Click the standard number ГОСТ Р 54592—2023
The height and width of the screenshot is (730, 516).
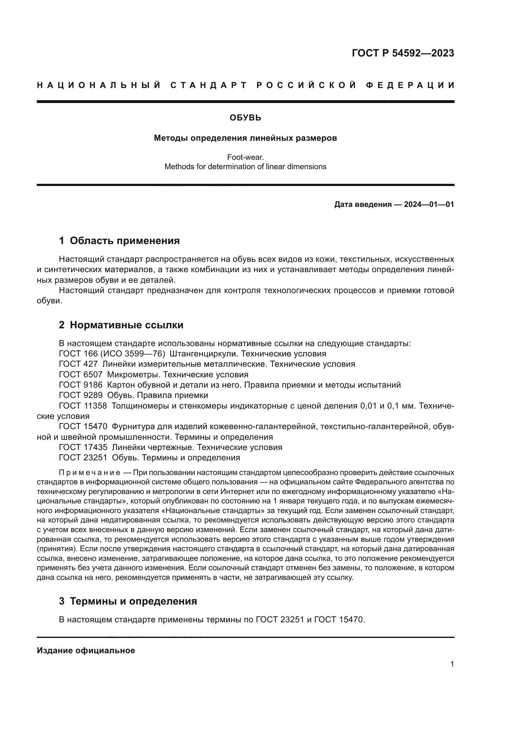[403, 53]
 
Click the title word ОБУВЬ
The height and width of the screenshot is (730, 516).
[245, 118]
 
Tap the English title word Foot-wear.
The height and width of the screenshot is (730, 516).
[245, 157]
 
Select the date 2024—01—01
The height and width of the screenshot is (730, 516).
[429, 204]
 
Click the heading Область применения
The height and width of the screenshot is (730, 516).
[124, 241]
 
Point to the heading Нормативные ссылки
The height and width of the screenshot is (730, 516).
[126, 325]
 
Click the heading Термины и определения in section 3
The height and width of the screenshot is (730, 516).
[133, 601]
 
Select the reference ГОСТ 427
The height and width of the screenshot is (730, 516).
[78, 364]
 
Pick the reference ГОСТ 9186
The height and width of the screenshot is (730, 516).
[81, 385]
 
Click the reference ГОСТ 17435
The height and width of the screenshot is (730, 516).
[83, 447]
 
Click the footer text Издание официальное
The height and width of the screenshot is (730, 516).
[86, 650]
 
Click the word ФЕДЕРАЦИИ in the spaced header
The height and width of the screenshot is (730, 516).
[410, 85]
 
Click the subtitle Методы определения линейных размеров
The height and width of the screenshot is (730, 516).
[245, 138]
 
